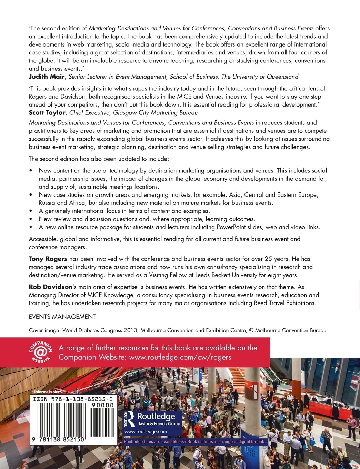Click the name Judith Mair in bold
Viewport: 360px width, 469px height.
47,77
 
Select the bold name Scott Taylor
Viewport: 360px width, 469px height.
47,112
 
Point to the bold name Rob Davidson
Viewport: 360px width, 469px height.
50,287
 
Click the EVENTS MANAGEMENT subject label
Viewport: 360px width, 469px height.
62,317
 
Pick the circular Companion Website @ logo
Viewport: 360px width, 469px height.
41,351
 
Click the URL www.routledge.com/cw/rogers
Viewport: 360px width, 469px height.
180,357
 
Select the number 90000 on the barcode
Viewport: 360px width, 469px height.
103,405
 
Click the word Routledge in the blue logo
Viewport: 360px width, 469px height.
156,416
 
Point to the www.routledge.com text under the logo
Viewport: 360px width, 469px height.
146,431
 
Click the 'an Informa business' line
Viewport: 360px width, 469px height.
47,392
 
